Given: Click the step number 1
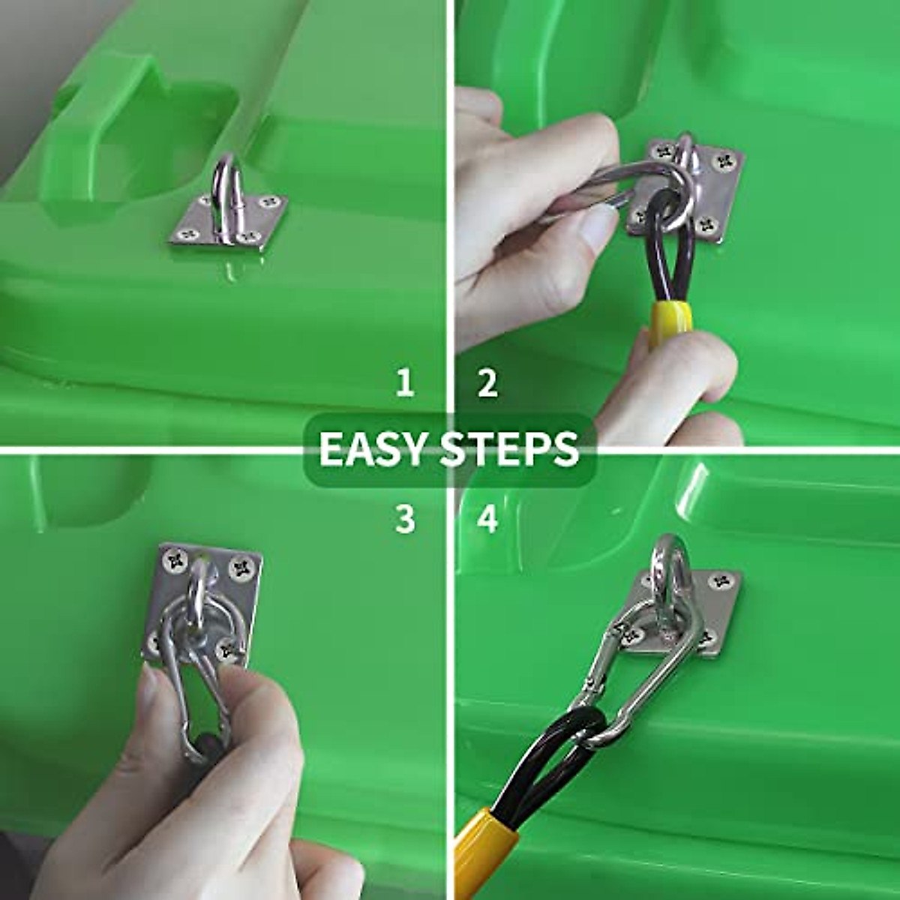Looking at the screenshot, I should (405, 383).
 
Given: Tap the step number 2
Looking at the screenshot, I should (487, 383).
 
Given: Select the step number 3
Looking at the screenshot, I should (405, 518).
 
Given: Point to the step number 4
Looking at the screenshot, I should (487, 518).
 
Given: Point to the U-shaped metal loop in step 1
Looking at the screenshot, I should (223, 187).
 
